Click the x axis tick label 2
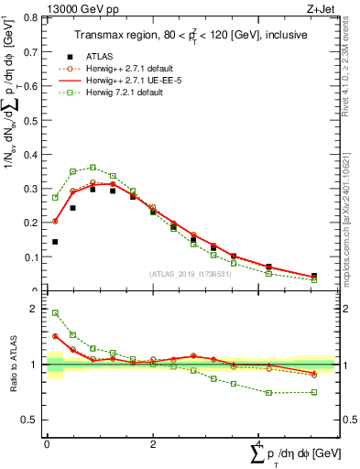[152, 445]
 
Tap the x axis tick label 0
[47, 445]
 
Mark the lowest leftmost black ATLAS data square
[55, 242]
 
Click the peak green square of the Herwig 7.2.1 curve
[93, 168]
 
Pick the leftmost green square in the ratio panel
[55, 312]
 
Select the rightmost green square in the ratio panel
[314, 392]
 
